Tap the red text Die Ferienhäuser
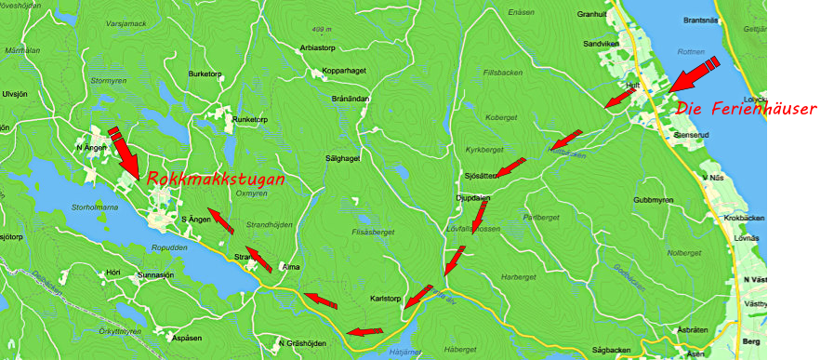coord(746,109)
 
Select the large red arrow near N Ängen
coord(125,153)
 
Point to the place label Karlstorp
coord(384,300)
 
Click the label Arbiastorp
coord(317,47)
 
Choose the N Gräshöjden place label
coord(303,343)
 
